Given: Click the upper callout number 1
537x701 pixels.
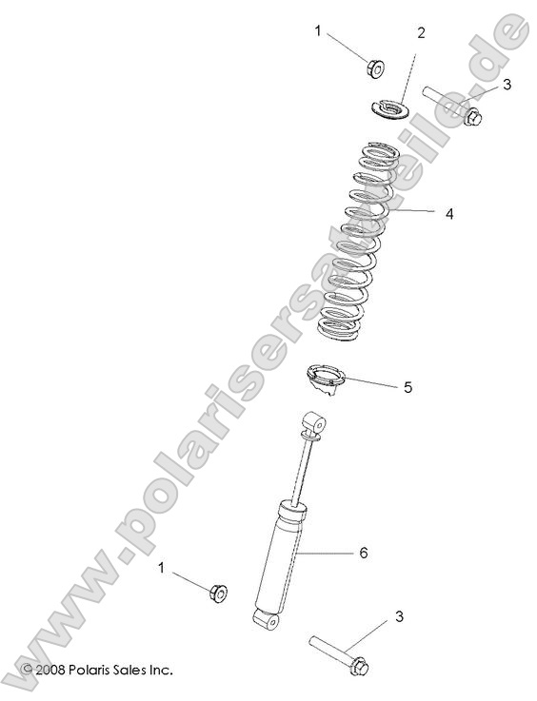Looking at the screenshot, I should (x=319, y=31).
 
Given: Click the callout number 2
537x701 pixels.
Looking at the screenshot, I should (x=420, y=33).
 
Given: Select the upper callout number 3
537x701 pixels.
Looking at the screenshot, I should (x=507, y=85).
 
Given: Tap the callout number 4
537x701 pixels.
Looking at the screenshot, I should (x=448, y=213).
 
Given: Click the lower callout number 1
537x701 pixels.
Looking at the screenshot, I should (x=162, y=568).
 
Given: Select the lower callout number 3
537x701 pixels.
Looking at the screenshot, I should (x=399, y=617).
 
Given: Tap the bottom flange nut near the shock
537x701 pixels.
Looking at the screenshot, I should (x=217, y=593).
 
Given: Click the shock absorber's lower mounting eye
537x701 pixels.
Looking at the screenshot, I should (x=264, y=619).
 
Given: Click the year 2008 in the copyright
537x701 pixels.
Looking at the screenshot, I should (x=49, y=670).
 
